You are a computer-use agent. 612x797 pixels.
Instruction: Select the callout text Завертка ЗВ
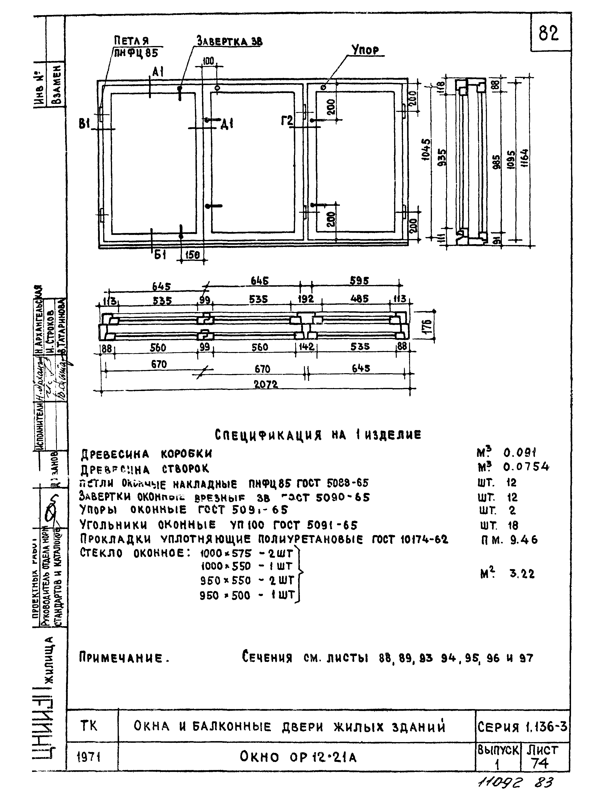point(229,41)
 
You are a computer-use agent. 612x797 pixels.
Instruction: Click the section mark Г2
point(287,120)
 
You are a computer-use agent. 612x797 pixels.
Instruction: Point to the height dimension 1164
point(524,158)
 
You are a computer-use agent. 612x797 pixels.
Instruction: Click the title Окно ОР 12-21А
point(298,757)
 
